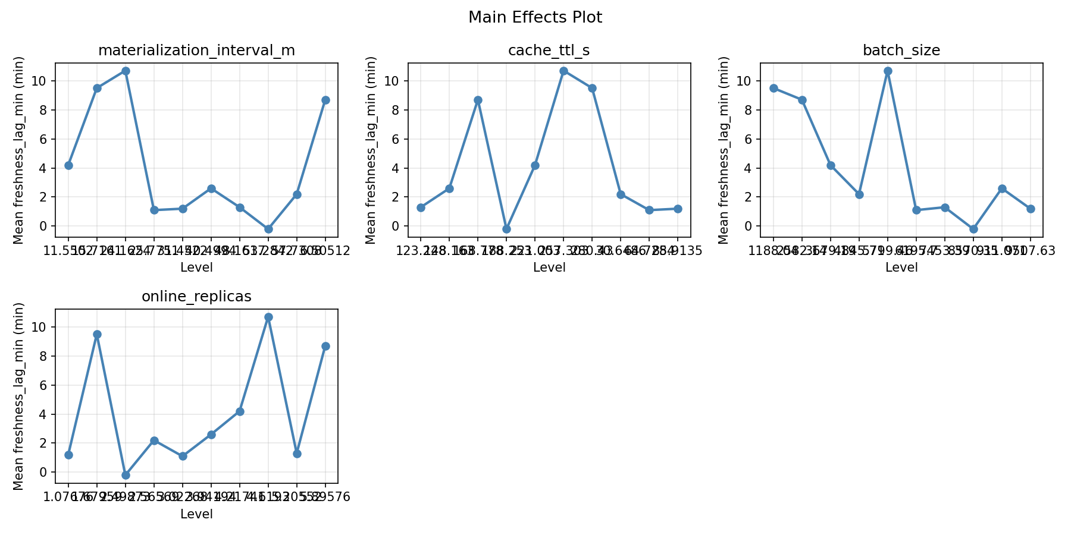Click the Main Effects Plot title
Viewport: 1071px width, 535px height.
click(535, 17)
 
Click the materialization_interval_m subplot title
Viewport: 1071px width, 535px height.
click(196, 51)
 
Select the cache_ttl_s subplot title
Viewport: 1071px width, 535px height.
click(549, 51)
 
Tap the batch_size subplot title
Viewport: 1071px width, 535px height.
click(901, 51)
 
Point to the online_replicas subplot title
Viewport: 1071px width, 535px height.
click(196, 297)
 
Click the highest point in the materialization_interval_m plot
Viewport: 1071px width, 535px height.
click(126, 71)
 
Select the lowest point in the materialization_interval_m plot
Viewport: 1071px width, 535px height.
click(268, 229)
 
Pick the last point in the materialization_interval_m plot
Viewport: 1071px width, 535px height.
click(325, 100)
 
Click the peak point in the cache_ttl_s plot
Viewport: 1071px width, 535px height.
click(563, 71)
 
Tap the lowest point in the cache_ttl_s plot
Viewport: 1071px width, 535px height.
click(506, 229)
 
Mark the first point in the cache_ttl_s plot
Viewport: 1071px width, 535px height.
click(421, 207)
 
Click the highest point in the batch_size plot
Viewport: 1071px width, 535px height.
click(888, 71)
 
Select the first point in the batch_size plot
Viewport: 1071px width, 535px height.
click(773, 88)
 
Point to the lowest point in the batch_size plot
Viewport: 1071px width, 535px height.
click(973, 229)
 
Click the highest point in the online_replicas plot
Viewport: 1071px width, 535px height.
click(268, 317)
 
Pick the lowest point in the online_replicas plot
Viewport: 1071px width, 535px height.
click(126, 475)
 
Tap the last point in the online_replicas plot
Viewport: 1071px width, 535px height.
click(325, 346)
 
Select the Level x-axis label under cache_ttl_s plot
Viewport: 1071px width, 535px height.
click(549, 267)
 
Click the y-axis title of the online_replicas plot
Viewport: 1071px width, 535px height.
click(18, 396)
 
